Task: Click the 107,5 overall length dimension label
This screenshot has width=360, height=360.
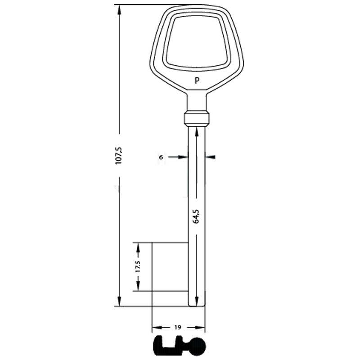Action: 119,155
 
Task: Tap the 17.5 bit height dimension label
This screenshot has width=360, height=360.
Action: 138,266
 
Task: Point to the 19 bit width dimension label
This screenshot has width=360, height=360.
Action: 178,327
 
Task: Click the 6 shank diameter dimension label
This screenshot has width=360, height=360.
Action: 161,157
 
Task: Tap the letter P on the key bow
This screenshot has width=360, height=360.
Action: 197,81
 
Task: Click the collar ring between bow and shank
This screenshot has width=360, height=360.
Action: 197,118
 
